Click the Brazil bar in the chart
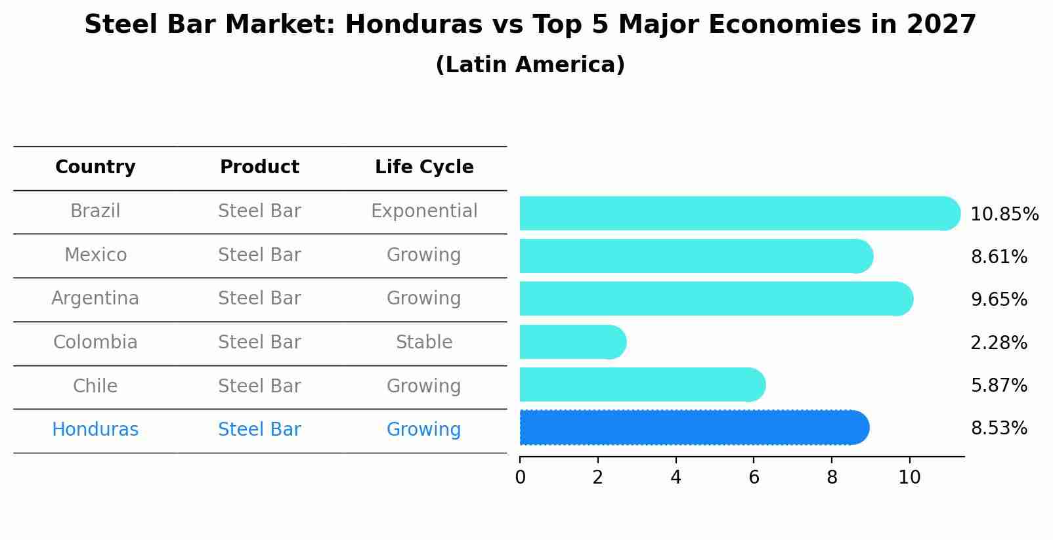pos(739,213)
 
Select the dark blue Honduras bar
pos(693,428)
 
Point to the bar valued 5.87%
pos(642,384)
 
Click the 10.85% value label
pos(1004,215)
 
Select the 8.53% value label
pos(999,428)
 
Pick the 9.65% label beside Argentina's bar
pos(999,300)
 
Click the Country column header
pos(95,167)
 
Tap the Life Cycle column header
pos(424,167)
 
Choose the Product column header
pos(259,167)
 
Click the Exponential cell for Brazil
pos(424,211)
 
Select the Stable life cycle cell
pos(424,343)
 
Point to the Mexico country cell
pos(95,255)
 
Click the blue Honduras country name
pos(95,430)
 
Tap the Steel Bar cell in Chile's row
pos(259,386)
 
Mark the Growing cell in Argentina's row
pos(424,299)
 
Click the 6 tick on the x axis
pos(754,477)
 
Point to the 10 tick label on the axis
pos(909,477)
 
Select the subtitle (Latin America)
pos(530,65)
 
